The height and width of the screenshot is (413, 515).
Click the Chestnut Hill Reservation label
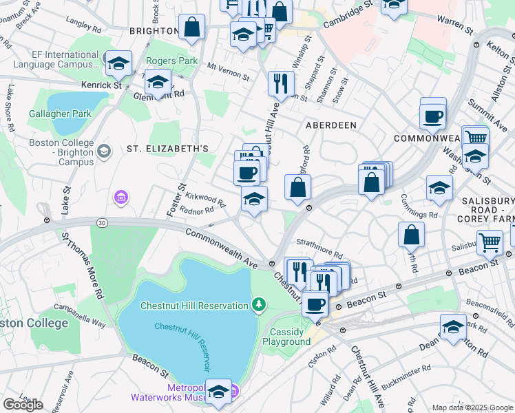click(194, 306)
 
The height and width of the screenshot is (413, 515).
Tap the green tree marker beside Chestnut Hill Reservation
click(259, 304)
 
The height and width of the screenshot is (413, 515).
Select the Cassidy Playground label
click(286, 337)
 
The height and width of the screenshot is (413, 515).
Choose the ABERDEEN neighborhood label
click(331, 125)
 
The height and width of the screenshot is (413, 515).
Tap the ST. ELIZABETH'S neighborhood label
click(167, 149)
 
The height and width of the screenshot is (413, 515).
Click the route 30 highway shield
click(102, 222)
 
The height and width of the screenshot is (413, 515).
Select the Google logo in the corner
click(23, 405)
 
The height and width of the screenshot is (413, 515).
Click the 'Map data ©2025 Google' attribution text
click(472, 407)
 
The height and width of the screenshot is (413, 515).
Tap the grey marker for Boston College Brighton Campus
click(104, 151)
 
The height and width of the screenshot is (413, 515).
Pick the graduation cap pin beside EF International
click(118, 63)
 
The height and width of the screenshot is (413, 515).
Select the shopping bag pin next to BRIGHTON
click(192, 28)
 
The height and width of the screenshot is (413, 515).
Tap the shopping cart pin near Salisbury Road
click(489, 242)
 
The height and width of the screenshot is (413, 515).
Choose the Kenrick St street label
click(101, 85)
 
